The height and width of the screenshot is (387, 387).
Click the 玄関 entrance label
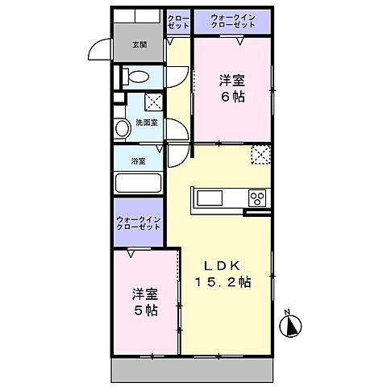point(139,45)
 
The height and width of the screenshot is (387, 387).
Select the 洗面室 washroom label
point(145,122)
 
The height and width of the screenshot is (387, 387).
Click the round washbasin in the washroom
point(123,128)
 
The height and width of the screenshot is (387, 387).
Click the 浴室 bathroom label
point(139,161)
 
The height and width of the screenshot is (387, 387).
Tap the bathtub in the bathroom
point(139,181)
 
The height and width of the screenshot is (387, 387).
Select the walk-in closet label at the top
point(232,21)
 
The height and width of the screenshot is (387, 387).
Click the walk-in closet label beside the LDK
point(139,223)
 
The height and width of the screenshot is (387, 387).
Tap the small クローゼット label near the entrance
point(177,21)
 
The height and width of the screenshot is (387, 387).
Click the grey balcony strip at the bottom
point(193,371)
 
